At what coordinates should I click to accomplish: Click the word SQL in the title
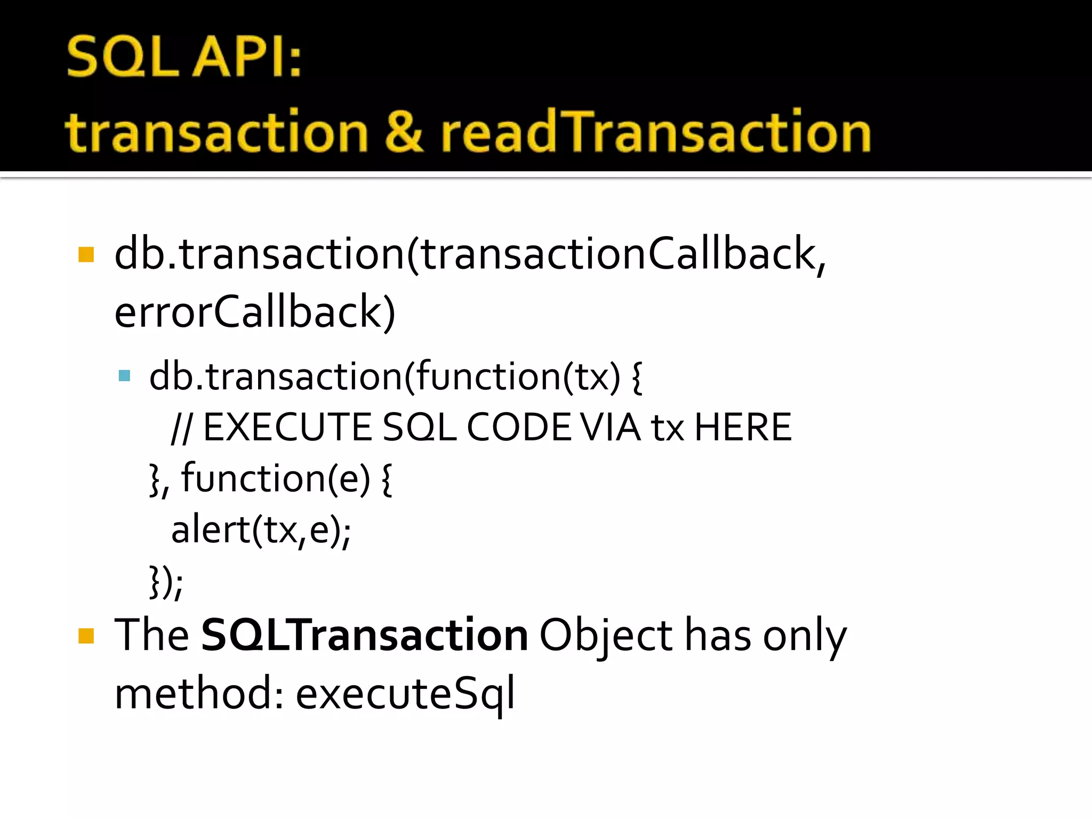(123, 57)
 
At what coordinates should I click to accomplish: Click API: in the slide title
(247, 57)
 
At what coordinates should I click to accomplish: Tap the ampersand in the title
(404, 131)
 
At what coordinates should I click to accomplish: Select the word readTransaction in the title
(655, 131)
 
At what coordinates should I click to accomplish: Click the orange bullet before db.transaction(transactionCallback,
(86, 254)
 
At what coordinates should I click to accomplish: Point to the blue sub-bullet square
(125, 376)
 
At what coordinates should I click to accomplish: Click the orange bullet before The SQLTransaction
(86, 636)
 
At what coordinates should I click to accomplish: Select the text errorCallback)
(255, 312)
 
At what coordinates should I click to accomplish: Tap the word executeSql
(405, 693)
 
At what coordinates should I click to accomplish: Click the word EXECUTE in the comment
(287, 428)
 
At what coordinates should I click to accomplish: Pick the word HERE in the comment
(743, 428)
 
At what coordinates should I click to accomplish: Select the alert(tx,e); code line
(261, 530)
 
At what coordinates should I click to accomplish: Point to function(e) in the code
(275, 479)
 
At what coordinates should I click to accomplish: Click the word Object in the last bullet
(606, 636)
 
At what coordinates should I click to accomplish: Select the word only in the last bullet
(804, 636)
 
